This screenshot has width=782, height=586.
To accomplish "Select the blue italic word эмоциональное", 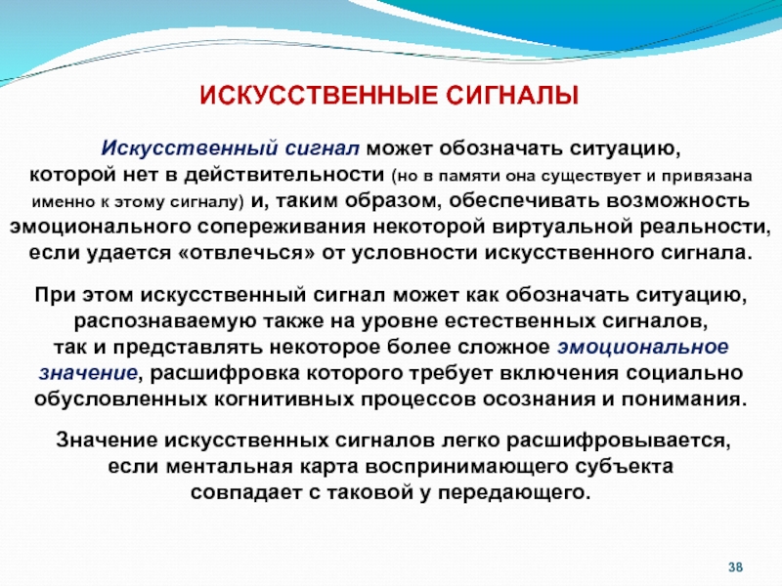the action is pos(643,347).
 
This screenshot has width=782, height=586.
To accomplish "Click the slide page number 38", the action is pos(736,567).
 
